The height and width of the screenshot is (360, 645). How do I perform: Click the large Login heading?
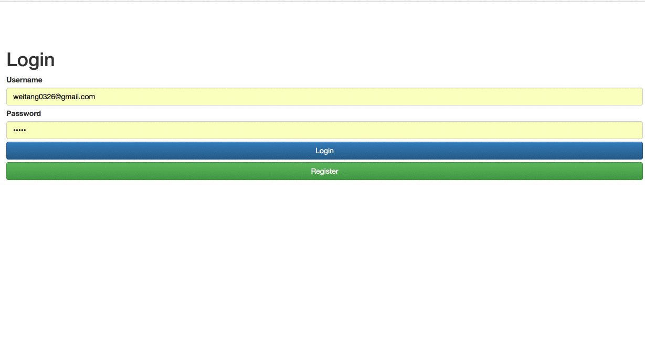30,60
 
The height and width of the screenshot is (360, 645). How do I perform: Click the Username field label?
24,80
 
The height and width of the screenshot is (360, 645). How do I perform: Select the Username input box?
324,97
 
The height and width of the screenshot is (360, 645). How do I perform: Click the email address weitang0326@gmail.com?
54,97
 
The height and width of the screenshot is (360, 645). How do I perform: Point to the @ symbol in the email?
58,97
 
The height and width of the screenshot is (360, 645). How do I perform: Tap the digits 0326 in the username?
47,97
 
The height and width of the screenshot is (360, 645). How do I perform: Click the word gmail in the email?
69,97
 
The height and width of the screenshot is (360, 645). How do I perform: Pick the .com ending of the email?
87,97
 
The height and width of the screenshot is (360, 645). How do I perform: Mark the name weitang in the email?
26,97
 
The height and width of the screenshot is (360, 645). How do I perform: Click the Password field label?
24,113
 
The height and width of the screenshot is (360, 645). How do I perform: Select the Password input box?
324,130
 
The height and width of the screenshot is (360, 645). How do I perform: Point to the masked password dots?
19,130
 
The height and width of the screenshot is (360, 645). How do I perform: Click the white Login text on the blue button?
324,151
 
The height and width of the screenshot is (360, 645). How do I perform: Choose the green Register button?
324,171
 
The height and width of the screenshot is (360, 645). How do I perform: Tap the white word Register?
324,171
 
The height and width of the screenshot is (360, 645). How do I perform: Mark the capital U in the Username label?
9,80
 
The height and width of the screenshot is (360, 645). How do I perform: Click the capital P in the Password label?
8,113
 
